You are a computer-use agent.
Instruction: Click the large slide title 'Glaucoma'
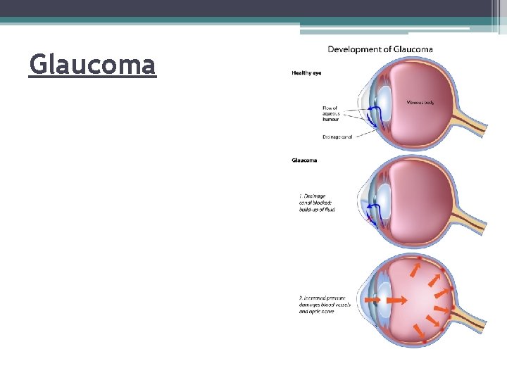pyautogui.click(x=92, y=65)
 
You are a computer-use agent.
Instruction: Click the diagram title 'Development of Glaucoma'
pyautogui.click(x=380, y=49)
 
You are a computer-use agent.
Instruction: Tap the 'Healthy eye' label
pyautogui.click(x=306, y=72)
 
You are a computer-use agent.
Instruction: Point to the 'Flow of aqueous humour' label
pyautogui.click(x=330, y=114)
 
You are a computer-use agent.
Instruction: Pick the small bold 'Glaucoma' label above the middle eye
pyautogui.click(x=304, y=160)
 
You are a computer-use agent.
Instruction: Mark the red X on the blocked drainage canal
pyautogui.click(x=370, y=220)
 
